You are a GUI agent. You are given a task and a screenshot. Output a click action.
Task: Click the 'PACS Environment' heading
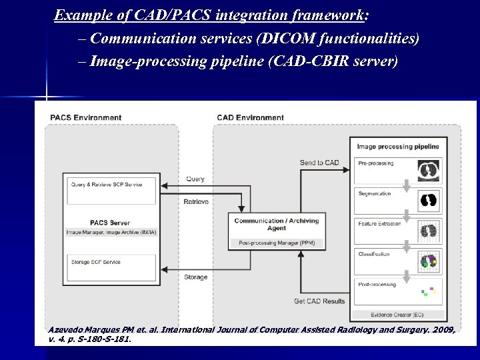(x=85, y=118)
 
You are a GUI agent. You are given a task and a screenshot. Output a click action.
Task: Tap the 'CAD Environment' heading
(x=250, y=118)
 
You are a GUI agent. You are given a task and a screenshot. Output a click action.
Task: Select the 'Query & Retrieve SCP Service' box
(x=111, y=191)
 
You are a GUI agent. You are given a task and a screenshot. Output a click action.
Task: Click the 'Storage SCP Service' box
(x=111, y=267)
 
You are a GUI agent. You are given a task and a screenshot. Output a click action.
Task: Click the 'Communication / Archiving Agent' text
(x=277, y=224)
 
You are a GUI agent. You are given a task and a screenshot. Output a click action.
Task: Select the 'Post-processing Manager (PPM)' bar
(x=277, y=243)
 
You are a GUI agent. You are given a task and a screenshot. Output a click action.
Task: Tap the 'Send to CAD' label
(x=319, y=163)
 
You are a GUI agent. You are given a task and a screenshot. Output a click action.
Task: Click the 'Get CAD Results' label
(x=319, y=301)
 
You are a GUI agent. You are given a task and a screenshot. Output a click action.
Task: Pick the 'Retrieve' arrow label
(x=195, y=201)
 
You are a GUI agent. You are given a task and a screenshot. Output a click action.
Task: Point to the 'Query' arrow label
(x=195, y=179)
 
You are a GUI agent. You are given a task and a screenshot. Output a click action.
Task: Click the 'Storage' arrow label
(x=195, y=277)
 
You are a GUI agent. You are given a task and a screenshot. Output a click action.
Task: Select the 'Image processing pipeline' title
(x=398, y=147)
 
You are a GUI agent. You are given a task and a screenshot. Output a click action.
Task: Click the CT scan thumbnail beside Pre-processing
(x=428, y=171)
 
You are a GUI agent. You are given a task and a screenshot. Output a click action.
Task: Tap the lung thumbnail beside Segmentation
(x=428, y=201)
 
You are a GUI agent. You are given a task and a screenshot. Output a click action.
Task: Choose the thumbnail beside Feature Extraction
(x=428, y=231)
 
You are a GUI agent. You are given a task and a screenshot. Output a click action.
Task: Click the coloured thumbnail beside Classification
(x=428, y=261)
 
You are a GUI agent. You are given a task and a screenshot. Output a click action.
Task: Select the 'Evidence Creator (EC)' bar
(x=398, y=315)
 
